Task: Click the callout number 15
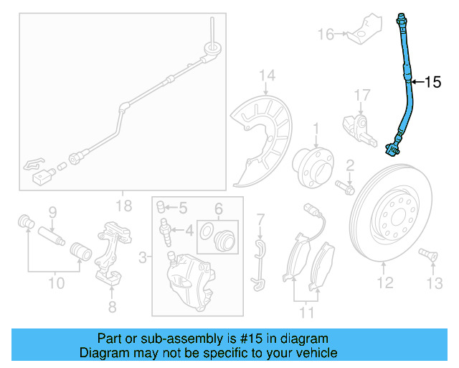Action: coord(433,83)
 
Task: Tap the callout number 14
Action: coord(267,75)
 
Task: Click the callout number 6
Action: coord(219,209)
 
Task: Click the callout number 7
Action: coord(261,218)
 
